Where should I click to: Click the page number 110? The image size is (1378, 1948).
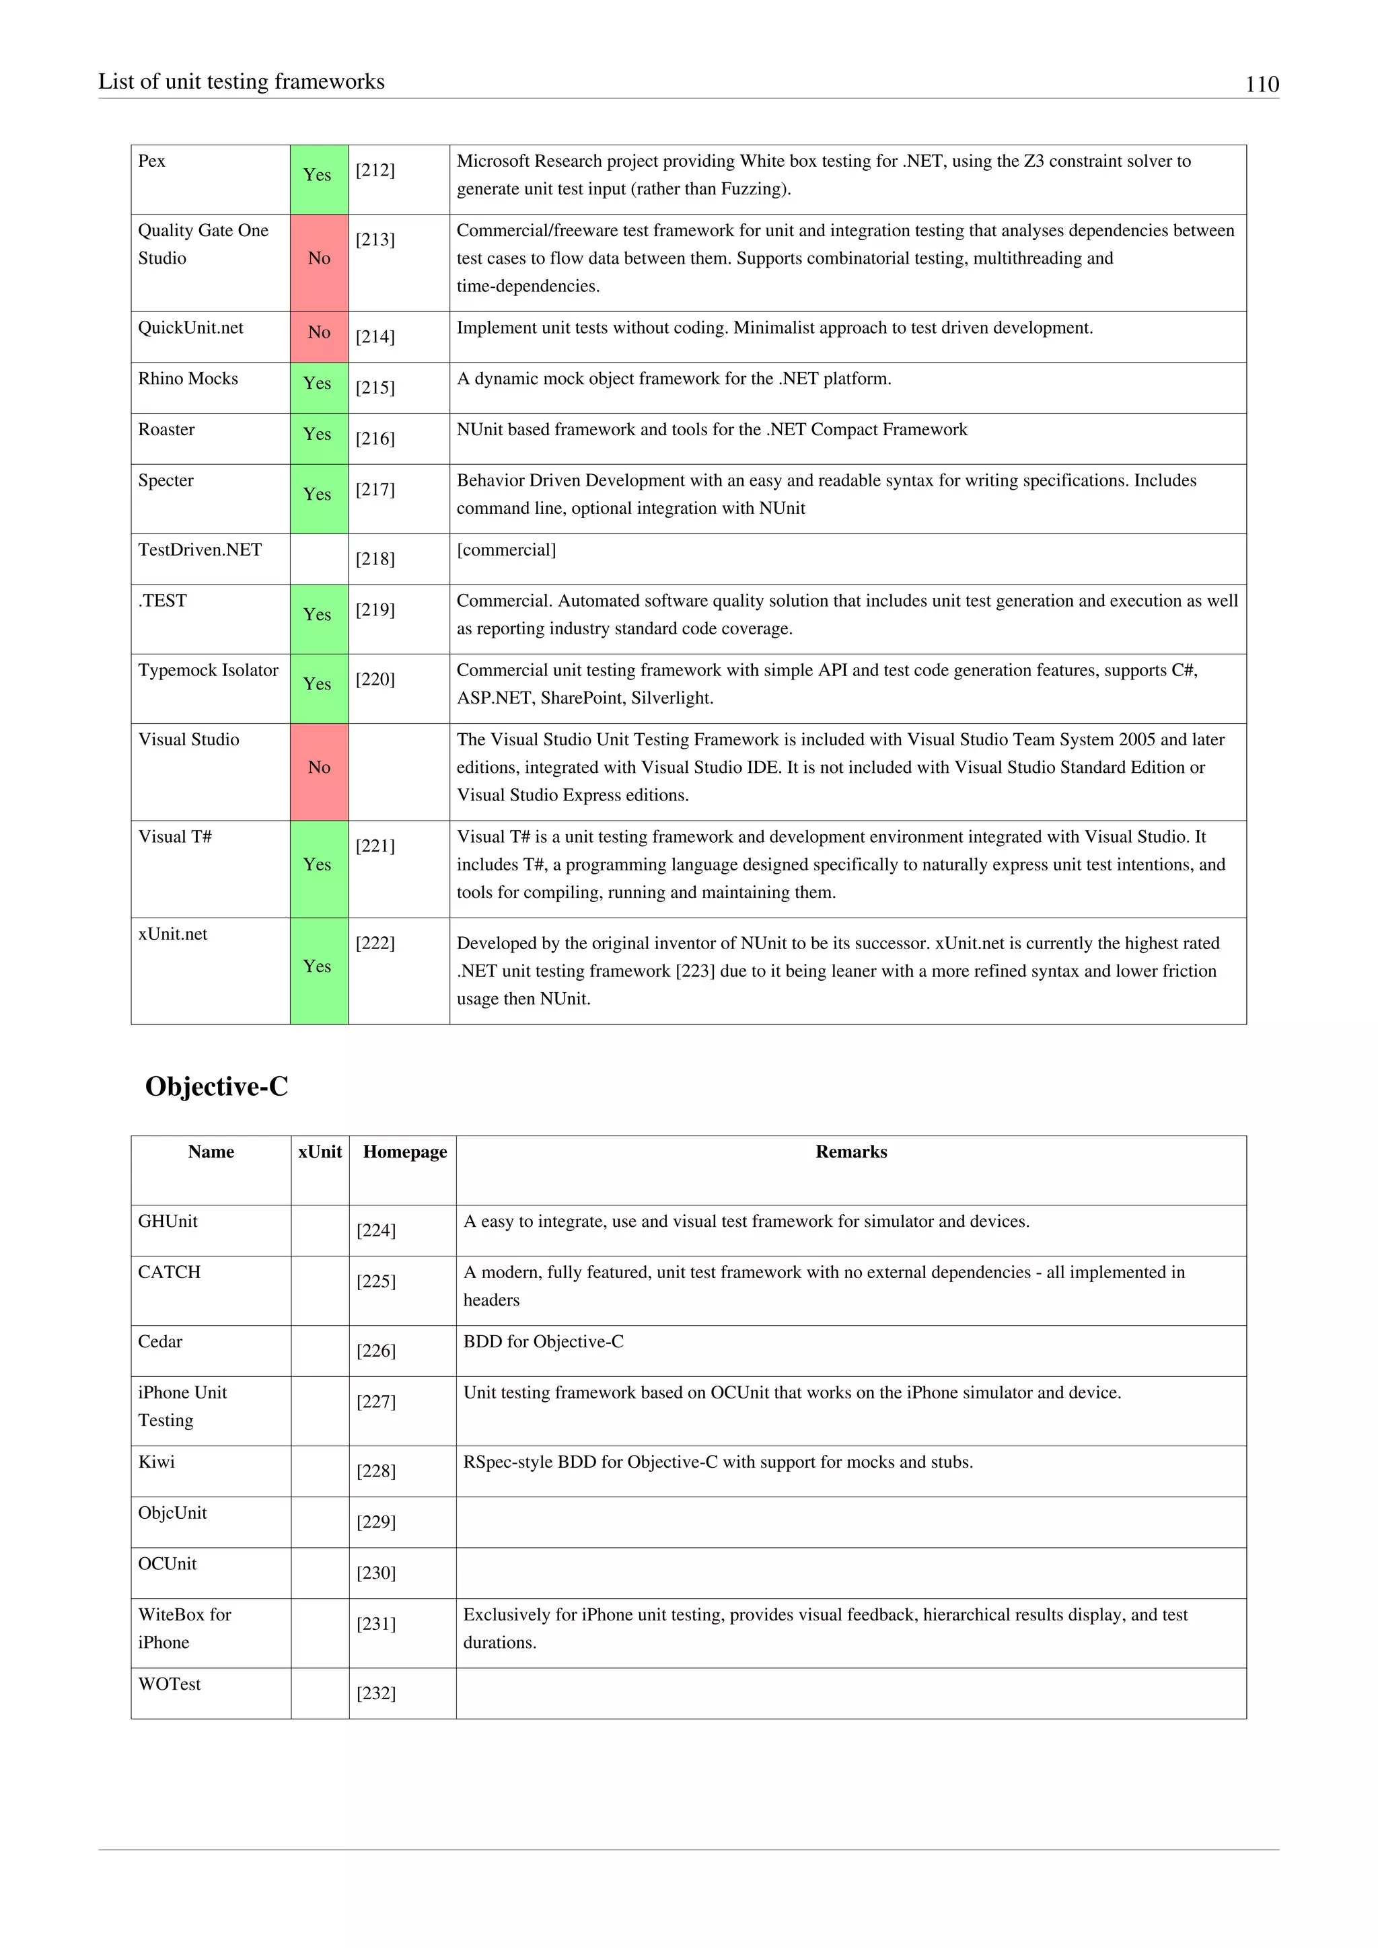pyautogui.click(x=1261, y=84)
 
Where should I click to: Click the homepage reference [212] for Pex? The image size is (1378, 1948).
pyautogui.click(x=375, y=171)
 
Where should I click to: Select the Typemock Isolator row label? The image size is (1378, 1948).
pyautogui.click(x=208, y=670)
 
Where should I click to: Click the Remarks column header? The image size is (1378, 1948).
pyautogui.click(x=850, y=1152)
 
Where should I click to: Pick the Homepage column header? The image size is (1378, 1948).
pyautogui.click(x=405, y=1152)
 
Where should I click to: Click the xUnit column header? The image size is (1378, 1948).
pyautogui.click(x=320, y=1152)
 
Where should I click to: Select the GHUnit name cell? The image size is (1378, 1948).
pyautogui.click(x=168, y=1221)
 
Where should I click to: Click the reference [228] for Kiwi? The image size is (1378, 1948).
pyautogui.click(x=376, y=1471)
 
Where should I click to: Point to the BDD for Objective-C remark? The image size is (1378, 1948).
pyautogui.click(x=543, y=1341)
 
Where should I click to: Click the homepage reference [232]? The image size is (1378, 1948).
pyautogui.click(x=376, y=1694)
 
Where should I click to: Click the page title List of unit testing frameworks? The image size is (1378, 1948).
pyautogui.click(x=241, y=81)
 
